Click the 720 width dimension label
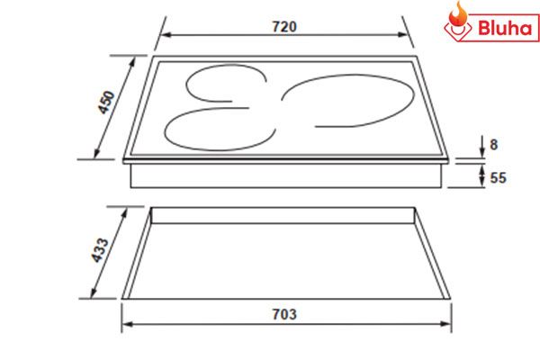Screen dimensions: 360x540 point(284,26)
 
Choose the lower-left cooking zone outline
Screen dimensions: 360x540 point(216,130)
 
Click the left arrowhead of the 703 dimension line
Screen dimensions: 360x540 point(126,326)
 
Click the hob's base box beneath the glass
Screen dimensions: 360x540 point(288,176)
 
